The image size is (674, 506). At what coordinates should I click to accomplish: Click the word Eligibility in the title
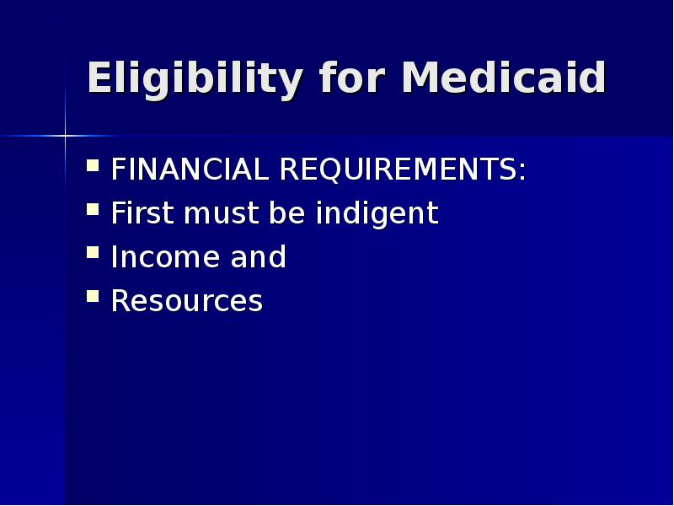pyautogui.click(x=195, y=79)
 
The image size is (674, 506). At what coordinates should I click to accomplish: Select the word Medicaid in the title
pyautogui.click(x=504, y=78)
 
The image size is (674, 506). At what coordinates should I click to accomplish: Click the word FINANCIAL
pyautogui.click(x=188, y=170)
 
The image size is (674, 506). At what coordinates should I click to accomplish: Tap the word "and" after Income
pyautogui.click(x=258, y=257)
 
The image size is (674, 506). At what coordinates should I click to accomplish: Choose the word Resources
pyautogui.click(x=187, y=301)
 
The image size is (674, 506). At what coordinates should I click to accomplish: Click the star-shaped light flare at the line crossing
pyautogui.click(x=65, y=135)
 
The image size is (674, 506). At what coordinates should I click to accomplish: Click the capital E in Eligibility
pyautogui.click(x=100, y=78)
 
